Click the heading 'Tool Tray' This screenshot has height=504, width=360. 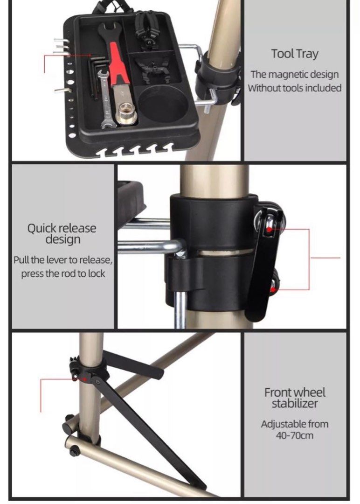click(295, 54)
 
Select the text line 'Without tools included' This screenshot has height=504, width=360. click(294, 88)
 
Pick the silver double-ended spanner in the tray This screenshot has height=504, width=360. click(105, 98)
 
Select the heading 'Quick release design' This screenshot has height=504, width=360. click(62, 234)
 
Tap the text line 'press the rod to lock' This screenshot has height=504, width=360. click(63, 273)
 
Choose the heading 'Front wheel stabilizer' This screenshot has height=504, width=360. click(295, 398)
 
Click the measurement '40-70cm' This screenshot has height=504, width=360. click(294, 435)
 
